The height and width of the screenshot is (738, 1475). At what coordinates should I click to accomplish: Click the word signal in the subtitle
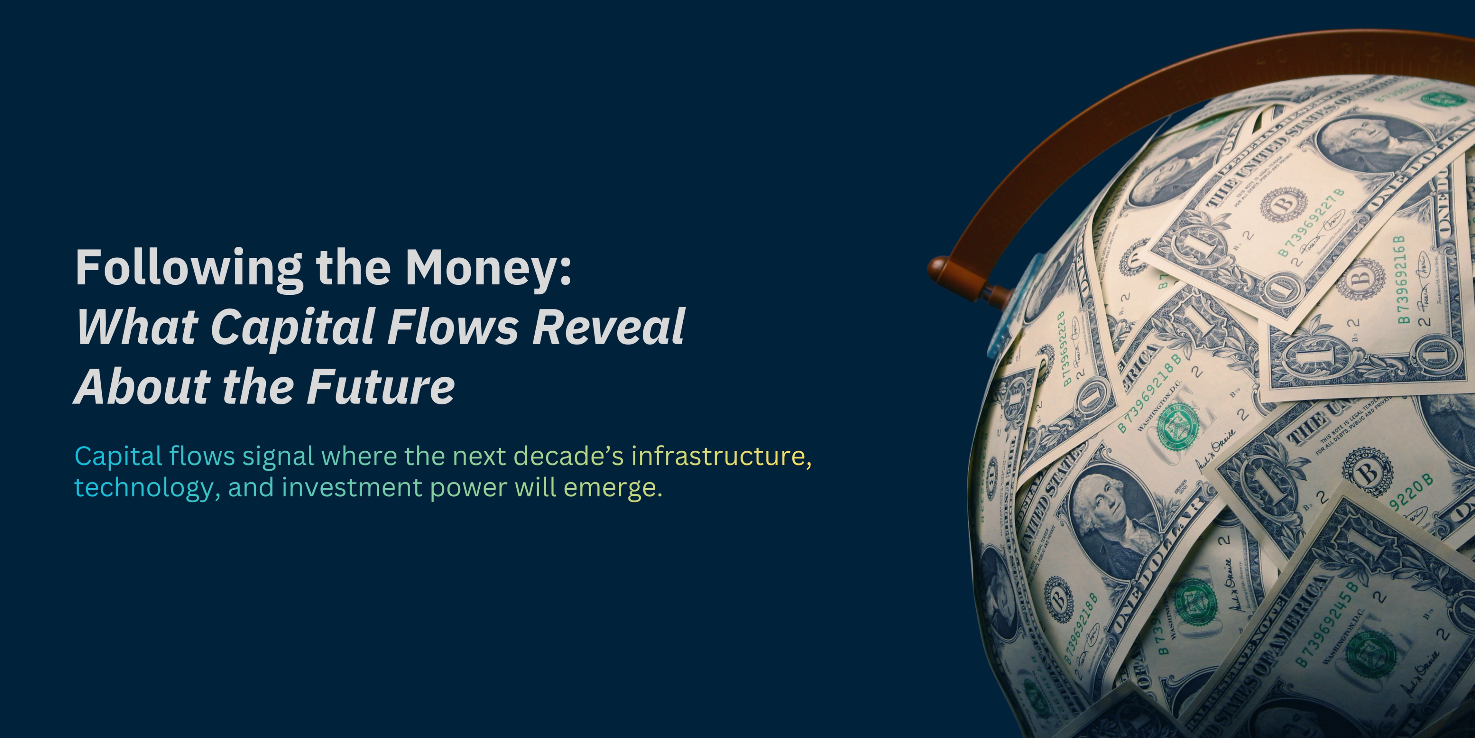point(278,456)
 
